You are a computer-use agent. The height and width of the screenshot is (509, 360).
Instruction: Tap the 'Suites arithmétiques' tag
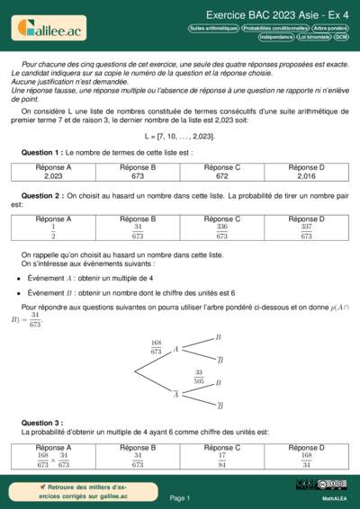(x=213, y=28)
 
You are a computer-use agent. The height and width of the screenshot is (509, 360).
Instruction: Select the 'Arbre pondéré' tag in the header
(x=331, y=28)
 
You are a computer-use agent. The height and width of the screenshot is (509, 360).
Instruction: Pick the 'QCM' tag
(x=341, y=37)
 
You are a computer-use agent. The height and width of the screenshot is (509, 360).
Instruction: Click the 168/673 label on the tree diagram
(x=156, y=347)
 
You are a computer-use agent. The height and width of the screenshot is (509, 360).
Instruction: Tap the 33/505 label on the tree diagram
(x=199, y=377)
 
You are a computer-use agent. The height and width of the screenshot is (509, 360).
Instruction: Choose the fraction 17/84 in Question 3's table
(x=222, y=460)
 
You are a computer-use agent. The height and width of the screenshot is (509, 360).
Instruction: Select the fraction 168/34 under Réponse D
(x=307, y=460)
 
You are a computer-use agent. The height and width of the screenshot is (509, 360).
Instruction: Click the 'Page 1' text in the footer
(x=180, y=497)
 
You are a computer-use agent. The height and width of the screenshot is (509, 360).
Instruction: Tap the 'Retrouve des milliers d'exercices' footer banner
(x=75, y=491)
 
